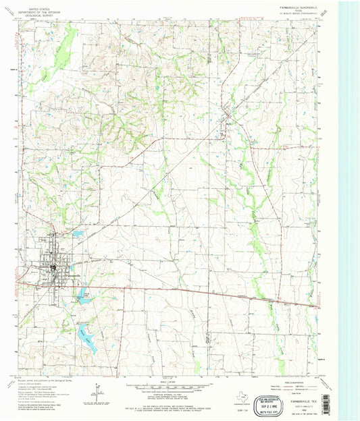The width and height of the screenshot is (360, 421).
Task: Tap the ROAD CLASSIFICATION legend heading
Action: (267, 380)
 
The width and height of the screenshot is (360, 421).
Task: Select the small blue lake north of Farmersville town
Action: (77, 234)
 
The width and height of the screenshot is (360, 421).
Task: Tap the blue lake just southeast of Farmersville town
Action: (84, 295)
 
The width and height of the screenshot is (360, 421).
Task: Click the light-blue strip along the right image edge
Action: (350, 202)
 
